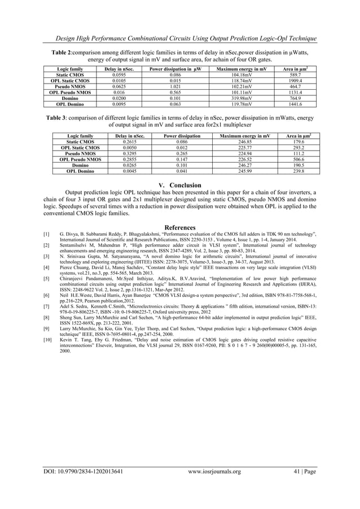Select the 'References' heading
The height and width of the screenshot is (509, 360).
[x=180, y=227]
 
